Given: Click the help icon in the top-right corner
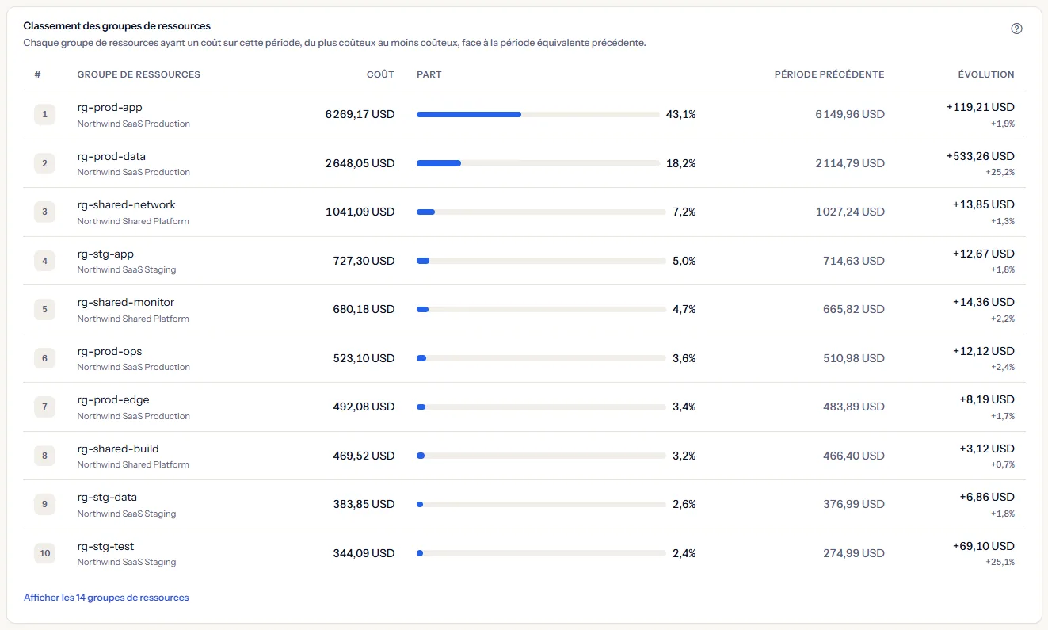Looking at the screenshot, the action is pyautogui.click(x=1016, y=29).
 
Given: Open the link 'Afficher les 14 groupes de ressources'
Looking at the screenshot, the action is pyautogui.click(x=106, y=598).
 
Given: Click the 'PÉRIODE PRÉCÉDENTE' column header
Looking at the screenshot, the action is pyautogui.click(x=829, y=74).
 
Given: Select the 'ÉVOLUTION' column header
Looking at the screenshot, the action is pyautogui.click(x=985, y=74).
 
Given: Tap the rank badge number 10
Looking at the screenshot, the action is pyautogui.click(x=45, y=553).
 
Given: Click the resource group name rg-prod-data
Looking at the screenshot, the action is pyautogui.click(x=112, y=156).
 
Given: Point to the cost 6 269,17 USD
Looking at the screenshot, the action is pyautogui.click(x=360, y=114).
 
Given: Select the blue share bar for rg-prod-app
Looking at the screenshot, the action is pyautogui.click(x=469, y=114).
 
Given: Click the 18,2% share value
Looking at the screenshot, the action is pyautogui.click(x=680, y=163).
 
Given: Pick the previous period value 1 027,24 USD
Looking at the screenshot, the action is pyautogui.click(x=850, y=212).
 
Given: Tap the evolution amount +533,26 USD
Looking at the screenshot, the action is pyautogui.click(x=980, y=156).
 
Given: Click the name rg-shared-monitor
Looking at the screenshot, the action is pyautogui.click(x=126, y=303).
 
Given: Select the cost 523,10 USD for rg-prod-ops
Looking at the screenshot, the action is pyautogui.click(x=364, y=358).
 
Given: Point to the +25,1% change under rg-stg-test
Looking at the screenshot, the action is pyautogui.click(x=1000, y=562).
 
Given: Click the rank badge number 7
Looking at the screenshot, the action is pyautogui.click(x=45, y=407).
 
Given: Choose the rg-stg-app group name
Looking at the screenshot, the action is pyautogui.click(x=105, y=254).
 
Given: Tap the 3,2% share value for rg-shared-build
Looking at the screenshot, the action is pyautogui.click(x=684, y=456).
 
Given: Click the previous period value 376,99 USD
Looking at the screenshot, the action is pyautogui.click(x=854, y=504).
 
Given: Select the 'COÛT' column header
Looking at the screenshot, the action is pyautogui.click(x=380, y=74).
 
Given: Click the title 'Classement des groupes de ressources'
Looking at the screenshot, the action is pyautogui.click(x=117, y=25).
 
